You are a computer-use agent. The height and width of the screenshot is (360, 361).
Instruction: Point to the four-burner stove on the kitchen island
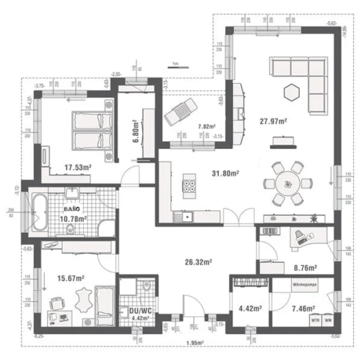click(x=191, y=185)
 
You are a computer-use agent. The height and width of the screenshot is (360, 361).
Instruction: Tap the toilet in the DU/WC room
click(x=147, y=288)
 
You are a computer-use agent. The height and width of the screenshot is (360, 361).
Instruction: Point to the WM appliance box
click(x=329, y=320)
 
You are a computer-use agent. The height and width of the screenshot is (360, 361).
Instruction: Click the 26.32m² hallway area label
click(x=196, y=262)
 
